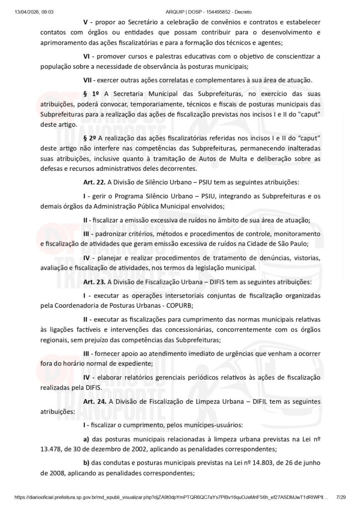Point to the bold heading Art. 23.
(93, 282)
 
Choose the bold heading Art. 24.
(93, 401)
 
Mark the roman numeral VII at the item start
(88, 80)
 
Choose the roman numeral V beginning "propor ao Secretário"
(86, 22)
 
